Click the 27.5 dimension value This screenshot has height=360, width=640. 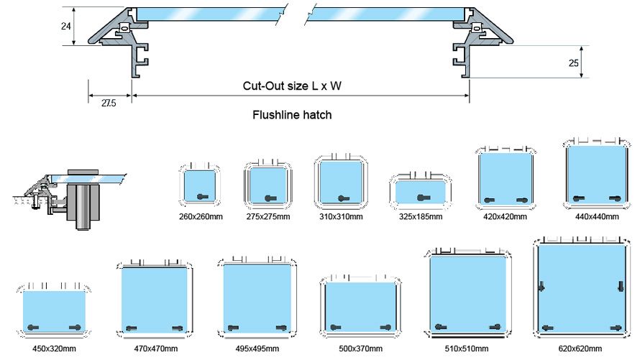[x=109, y=103]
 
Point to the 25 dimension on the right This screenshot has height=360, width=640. [x=573, y=63]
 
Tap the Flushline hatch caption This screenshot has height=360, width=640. [x=292, y=114]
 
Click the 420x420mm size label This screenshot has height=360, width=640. [x=506, y=216]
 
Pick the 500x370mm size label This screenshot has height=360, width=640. [x=360, y=349]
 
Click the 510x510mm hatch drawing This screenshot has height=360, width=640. [x=470, y=294]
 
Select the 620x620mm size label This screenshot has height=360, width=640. [x=580, y=349]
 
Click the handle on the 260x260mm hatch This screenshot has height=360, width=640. [x=204, y=197]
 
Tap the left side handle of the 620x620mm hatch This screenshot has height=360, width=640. [x=541, y=287]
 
